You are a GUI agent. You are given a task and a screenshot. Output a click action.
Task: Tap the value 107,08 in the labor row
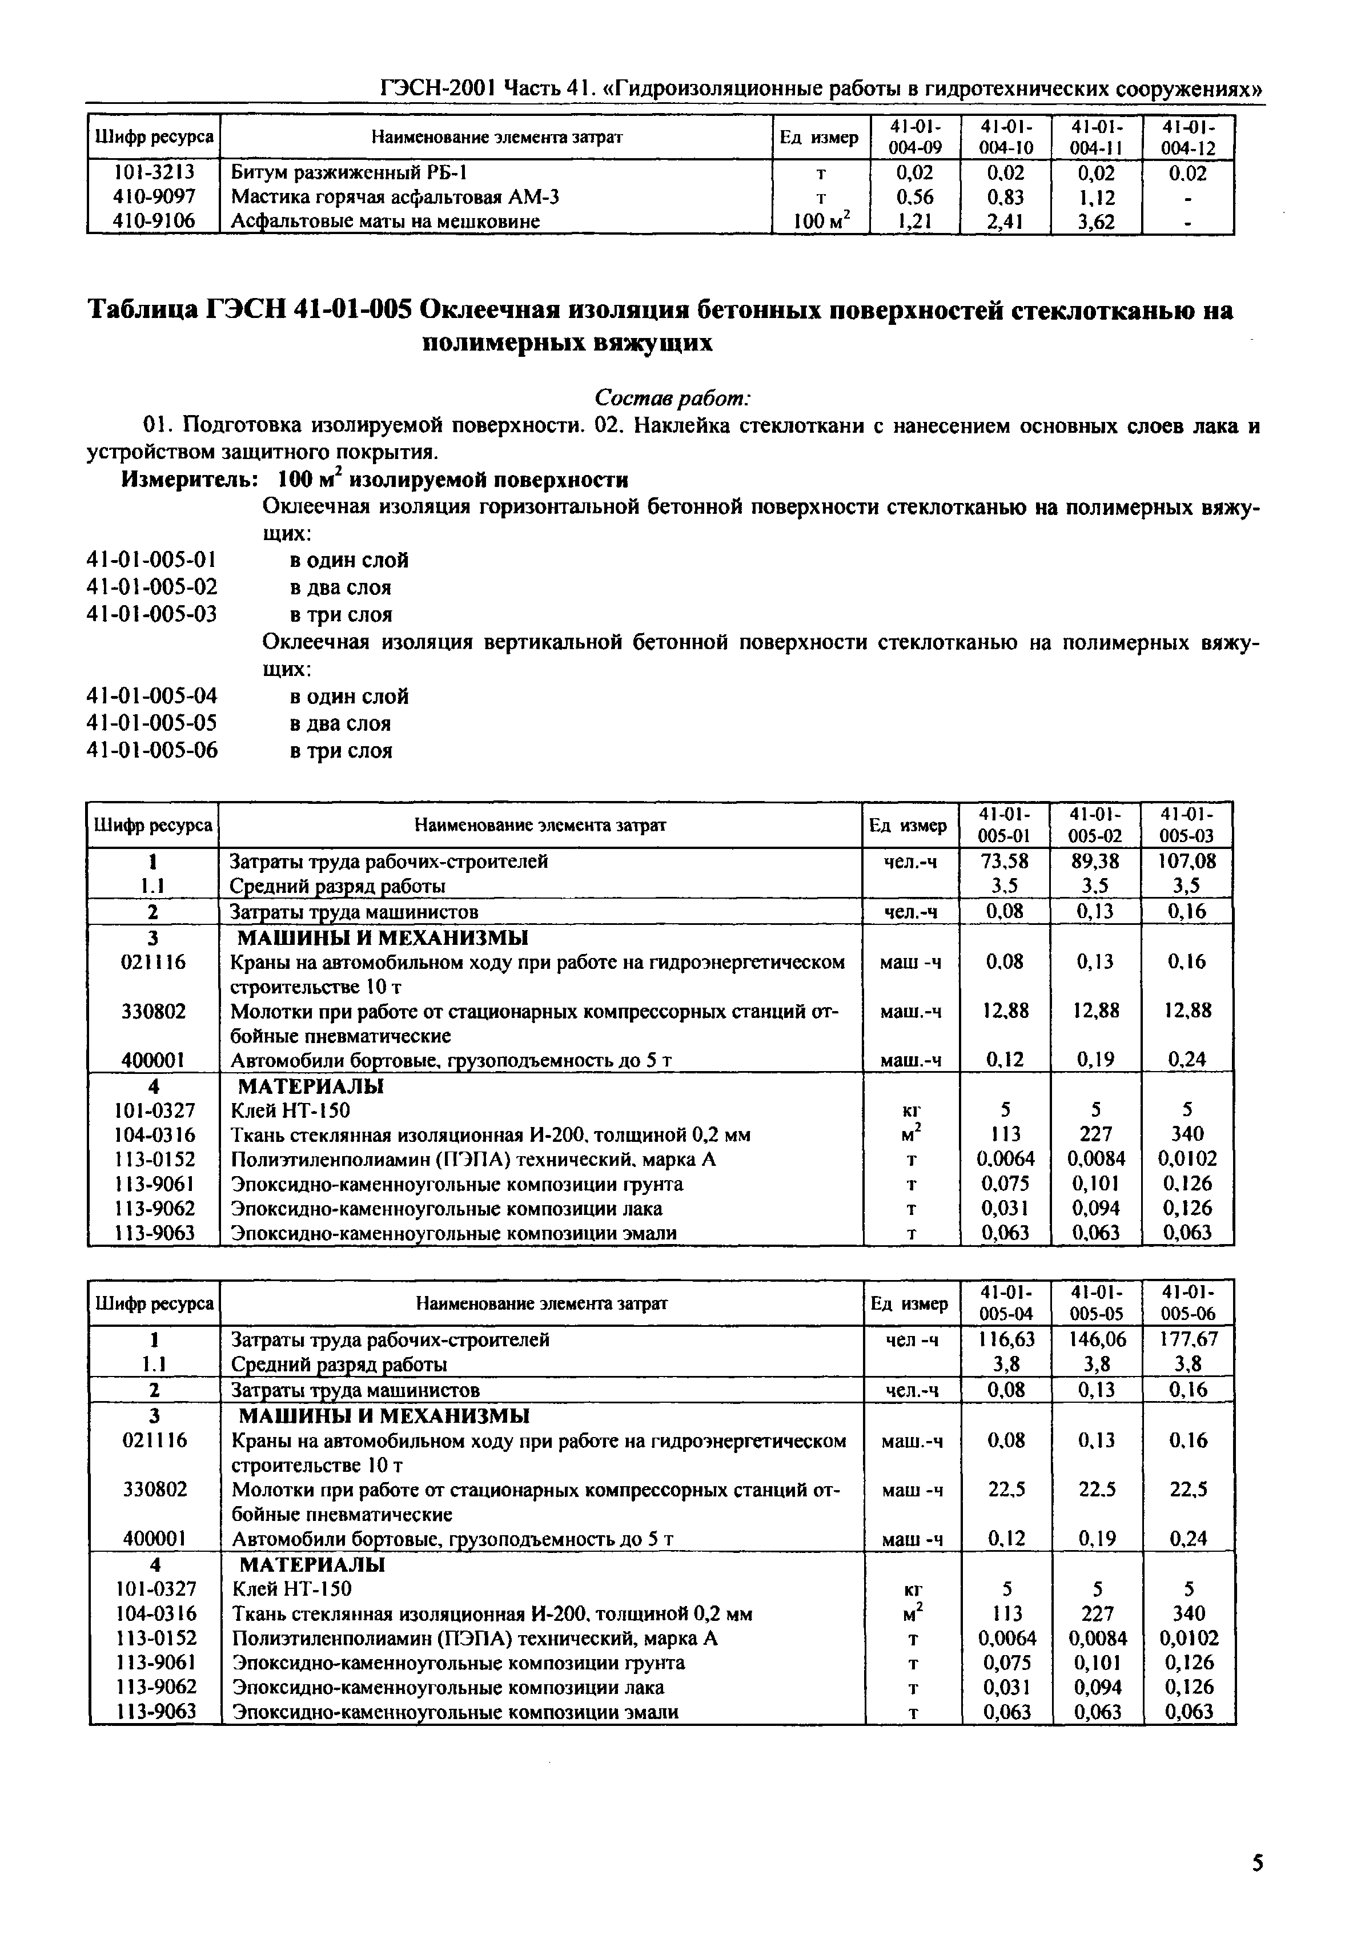tap(1187, 861)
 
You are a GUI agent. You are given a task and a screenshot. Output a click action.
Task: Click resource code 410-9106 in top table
tap(154, 222)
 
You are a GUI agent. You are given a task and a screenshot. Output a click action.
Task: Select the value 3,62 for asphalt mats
tap(1095, 222)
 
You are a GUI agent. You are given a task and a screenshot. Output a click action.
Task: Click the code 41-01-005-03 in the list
tap(152, 614)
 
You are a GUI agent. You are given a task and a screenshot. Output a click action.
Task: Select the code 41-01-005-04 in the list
tap(152, 696)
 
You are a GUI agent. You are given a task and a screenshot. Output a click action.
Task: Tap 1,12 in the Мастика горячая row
tap(1095, 198)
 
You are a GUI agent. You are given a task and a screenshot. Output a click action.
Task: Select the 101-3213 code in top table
tap(154, 173)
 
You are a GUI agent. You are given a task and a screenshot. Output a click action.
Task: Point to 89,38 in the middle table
tap(1095, 861)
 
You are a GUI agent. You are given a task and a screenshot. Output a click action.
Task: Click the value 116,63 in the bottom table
tap(1006, 1339)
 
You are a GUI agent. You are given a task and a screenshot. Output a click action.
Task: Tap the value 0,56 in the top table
tap(914, 198)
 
